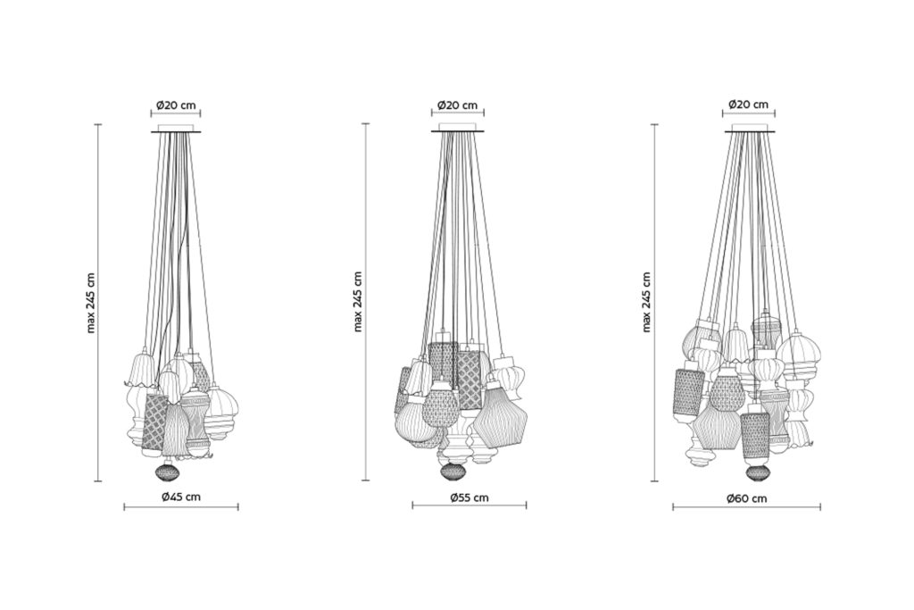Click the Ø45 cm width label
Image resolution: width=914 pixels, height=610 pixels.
point(181,497)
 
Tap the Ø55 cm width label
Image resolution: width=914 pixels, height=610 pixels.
point(469,497)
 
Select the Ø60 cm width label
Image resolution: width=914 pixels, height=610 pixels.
point(747,498)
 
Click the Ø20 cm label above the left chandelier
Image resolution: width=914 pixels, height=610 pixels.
point(176,105)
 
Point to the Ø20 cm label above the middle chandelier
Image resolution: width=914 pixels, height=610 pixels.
point(457,105)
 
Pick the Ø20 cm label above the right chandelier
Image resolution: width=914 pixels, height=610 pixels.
point(749,104)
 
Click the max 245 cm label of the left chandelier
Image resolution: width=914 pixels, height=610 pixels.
point(90,303)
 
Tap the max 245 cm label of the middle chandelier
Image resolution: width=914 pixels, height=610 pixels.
point(358,302)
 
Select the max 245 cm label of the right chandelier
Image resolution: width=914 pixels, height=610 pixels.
point(646,302)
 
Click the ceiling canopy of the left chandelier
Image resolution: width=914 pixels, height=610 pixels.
point(176,129)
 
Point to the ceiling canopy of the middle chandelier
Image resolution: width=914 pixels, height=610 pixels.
point(457,128)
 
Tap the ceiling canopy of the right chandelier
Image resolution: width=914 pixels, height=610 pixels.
point(750,128)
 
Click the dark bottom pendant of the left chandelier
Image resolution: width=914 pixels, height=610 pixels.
point(169,471)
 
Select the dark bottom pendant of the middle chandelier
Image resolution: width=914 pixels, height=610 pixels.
point(451,472)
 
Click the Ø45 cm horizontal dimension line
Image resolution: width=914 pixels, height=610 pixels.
point(181,508)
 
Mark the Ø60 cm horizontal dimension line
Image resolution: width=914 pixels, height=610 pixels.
point(747,507)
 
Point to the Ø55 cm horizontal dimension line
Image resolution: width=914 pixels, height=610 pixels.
point(469,506)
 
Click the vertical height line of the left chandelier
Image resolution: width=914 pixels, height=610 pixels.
point(97,303)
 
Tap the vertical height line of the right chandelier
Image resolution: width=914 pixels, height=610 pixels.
point(654,303)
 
